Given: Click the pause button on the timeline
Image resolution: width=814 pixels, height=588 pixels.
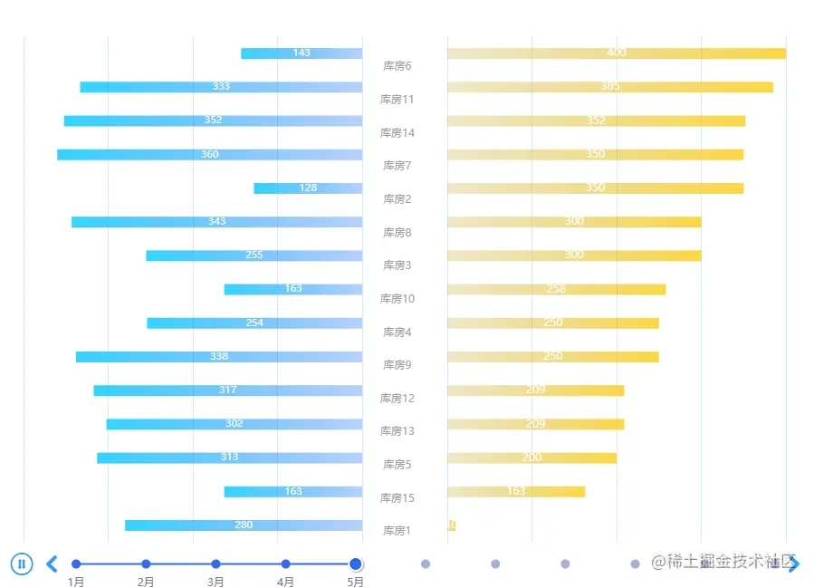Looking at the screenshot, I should [x=23, y=564].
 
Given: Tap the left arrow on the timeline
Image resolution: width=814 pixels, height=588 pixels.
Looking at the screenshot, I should [x=52, y=564].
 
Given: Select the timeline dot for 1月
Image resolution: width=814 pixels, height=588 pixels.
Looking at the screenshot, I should [x=76, y=564].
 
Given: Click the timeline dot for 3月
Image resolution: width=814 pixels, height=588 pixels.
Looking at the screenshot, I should [x=215, y=564].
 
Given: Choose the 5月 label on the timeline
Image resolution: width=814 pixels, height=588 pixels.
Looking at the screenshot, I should [x=355, y=583].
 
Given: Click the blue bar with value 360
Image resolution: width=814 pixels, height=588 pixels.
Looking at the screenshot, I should [x=209, y=155].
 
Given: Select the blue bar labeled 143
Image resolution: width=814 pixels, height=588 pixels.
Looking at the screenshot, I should [x=302, y=53].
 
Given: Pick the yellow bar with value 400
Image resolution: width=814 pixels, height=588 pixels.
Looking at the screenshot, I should [x=616, y=53].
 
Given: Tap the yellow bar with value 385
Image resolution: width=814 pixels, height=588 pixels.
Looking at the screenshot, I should [x=609, y=87].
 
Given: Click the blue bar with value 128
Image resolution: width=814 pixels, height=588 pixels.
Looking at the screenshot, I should [x=308, y=188].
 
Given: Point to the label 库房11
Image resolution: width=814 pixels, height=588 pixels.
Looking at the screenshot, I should [x=397, y=100].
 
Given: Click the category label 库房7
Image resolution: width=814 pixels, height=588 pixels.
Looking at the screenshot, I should [x=397, y=166].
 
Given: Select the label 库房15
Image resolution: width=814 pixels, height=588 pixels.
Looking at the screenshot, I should [x=397, y=498].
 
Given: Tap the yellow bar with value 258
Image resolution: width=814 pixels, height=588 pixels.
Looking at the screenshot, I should [x=556, y=289].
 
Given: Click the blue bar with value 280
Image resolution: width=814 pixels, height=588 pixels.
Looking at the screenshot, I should [x=244, y=525].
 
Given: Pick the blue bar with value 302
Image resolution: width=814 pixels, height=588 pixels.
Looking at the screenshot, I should [x=234, y=424].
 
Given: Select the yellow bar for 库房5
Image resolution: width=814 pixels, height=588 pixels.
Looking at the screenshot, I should [x=531, y=458].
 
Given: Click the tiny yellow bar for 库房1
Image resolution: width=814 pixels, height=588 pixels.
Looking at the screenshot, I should [x=451, y=525].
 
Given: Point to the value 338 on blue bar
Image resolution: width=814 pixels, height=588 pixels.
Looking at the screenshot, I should [x=219, y=357].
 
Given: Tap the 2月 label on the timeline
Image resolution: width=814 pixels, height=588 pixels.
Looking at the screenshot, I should [x=146, y=583].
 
